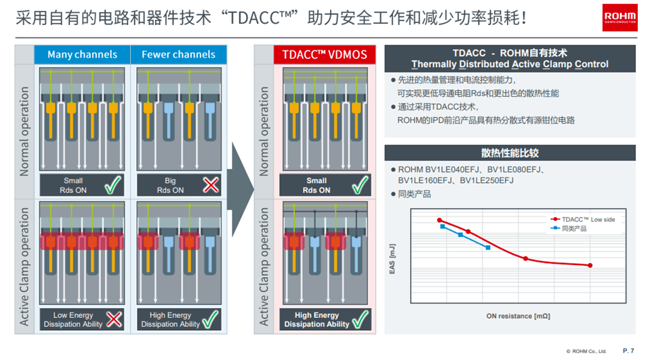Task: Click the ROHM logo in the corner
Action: [x=620, y=18]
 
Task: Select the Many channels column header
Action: [x=82, y=54]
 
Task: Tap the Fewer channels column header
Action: [x=178, y=54]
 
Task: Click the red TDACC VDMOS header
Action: [x=325, y=54]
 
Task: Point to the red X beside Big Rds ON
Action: [x=211, y=185]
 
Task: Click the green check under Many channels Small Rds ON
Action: [x=113, y=184]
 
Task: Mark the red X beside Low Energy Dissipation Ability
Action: [x=114, y=319]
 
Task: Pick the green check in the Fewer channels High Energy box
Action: [x=210, y=319]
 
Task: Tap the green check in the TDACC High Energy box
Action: [x=360, y=319]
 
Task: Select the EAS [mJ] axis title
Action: [x=392, y=258]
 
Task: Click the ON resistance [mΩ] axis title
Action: [x=519, y=316]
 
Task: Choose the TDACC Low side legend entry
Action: [x=583, y=220]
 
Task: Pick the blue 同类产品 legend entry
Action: [x=569, y=228]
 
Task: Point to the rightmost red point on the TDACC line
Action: [x=590, y=265]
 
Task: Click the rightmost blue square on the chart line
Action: [x=488, y=247]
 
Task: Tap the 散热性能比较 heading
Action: [x=510, y=153]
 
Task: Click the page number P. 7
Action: [x=628, y=351]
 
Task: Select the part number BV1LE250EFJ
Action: [x=487, y=180]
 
